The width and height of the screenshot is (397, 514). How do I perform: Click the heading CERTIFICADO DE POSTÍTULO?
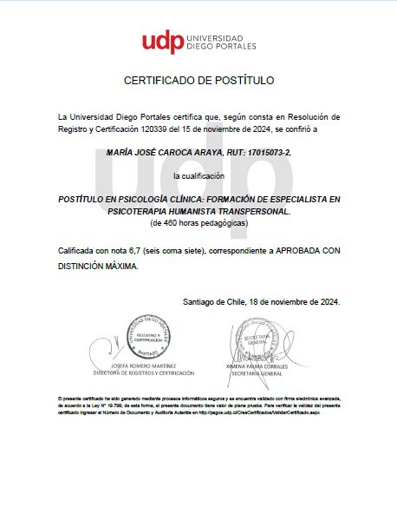click(x=198, y=81)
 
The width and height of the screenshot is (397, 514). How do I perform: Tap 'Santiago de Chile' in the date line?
click(x=217, y=301)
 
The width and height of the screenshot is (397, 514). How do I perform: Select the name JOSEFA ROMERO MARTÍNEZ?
click(x=145, y=366)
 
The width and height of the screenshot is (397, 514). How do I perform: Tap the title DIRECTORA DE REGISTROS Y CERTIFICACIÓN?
click(x=145, y=373)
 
